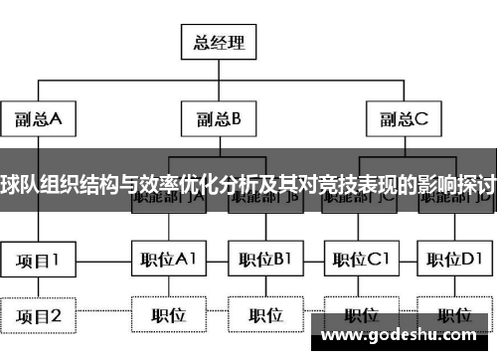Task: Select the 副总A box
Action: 38,119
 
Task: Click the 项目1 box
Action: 38,261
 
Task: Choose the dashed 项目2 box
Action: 38,316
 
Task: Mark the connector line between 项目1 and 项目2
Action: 38,288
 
